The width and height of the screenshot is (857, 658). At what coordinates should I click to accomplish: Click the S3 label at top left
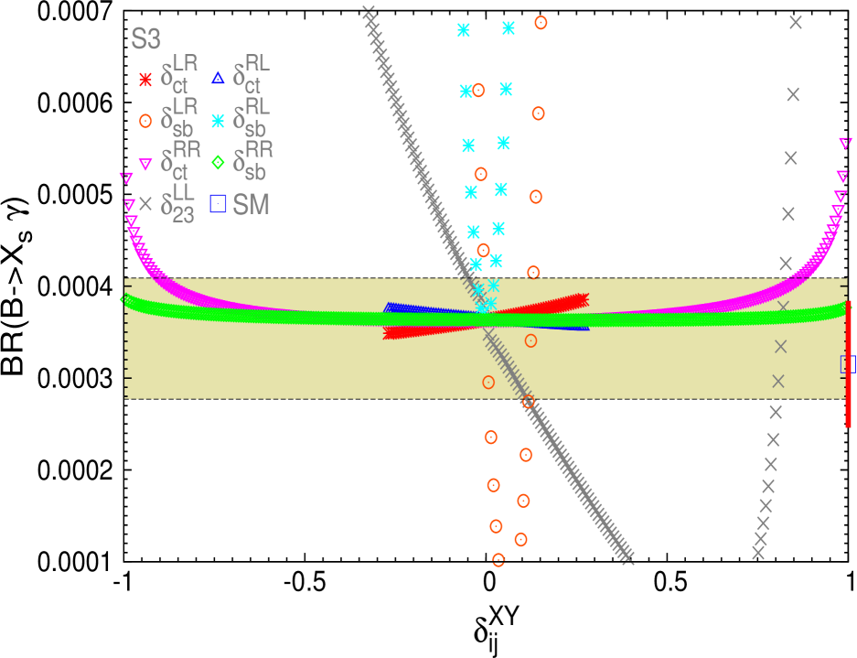(146, 39)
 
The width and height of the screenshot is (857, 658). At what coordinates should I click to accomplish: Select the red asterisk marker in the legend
(145, 80)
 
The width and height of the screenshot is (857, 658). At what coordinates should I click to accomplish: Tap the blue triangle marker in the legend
(218, 79)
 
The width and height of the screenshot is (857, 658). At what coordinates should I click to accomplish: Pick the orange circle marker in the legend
(145, 120)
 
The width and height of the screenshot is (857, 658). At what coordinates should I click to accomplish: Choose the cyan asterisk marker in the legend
(218, 120)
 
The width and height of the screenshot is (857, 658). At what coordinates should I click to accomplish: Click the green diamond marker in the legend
(218, 162)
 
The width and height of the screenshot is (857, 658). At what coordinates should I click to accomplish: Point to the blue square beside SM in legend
(218, 204)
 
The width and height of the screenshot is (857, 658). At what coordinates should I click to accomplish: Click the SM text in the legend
(252, 205)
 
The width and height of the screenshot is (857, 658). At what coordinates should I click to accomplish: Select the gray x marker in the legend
(145, 204)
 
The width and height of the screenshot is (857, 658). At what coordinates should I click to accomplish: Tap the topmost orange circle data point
(541, 22)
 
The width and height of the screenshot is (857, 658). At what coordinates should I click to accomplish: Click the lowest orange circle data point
(498, 559)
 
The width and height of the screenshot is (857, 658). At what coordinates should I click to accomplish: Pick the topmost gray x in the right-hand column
(796, 22)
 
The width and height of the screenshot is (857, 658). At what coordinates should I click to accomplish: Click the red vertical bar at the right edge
(849, 363)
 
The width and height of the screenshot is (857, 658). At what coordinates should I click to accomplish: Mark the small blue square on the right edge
(848, 363)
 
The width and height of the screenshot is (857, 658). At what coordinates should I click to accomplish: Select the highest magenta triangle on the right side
(845, 143)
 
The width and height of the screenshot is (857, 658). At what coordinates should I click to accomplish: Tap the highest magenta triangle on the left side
(126, 178)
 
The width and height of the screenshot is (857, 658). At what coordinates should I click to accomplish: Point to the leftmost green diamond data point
(126, 299)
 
